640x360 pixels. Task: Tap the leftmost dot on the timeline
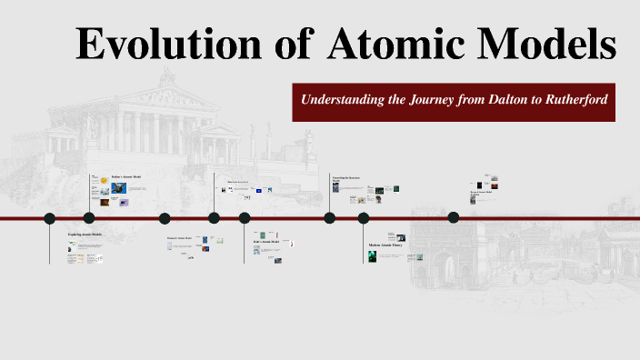[x=50, y=218]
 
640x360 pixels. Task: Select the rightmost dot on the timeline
[x=454, y=217]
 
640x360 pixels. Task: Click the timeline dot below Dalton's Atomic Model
[x=89, y=218]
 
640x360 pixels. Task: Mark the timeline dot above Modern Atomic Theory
[x=364, y=218]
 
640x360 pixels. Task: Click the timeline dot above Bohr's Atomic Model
[x=245, y=218]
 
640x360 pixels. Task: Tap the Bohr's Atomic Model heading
[x=267, y=242]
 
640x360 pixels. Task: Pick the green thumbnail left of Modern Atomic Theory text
[x=373, y=257]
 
